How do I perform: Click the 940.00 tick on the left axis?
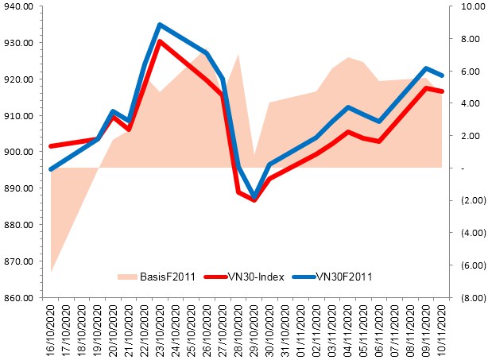16,7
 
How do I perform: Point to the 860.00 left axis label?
16,298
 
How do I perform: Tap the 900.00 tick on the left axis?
16,153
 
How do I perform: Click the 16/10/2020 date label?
52,331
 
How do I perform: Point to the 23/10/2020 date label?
161,331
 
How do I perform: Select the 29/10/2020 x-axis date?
254,331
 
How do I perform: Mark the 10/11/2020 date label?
441,331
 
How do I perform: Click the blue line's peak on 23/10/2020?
160,25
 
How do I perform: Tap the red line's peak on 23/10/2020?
160,41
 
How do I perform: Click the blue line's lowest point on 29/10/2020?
254,196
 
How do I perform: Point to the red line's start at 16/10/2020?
52,146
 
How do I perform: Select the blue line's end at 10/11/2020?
441,75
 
